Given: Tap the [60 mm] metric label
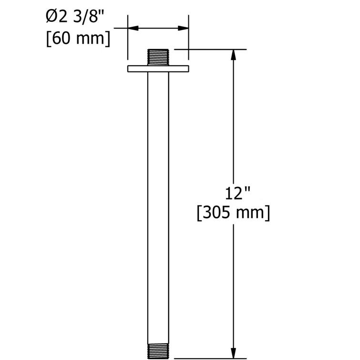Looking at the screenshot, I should [78, 38].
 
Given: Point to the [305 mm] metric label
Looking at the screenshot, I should [233, 213].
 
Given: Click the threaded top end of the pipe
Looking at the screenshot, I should [158, 57].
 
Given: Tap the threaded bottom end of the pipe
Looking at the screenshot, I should [158, 351].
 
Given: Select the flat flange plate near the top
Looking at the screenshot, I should [158, 69].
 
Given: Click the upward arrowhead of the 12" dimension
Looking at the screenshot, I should [233, 55].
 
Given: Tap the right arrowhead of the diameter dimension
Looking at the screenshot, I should [183, 28].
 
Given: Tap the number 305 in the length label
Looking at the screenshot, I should [220, 213].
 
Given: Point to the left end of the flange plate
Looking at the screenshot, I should [129, 69].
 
